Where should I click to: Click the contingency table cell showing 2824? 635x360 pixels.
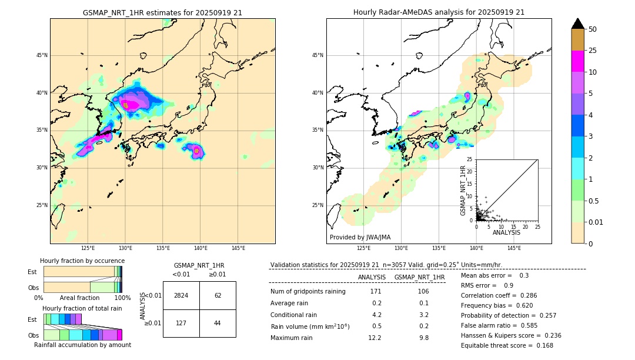click(181, 295)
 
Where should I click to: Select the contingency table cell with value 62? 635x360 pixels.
click(218, 295)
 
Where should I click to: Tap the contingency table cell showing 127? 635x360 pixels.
click(181, 323)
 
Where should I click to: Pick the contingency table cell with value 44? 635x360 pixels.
click(218, 323)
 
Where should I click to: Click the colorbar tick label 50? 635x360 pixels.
click(593, 29)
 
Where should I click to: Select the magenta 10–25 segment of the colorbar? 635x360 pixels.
click(577, 61)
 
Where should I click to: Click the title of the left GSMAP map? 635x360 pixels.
click(162, 12)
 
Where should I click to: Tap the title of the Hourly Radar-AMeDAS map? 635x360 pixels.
click(439, 12)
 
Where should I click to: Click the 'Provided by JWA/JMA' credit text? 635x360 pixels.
click(360, 237)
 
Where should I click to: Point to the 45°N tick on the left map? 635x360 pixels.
click(42, 55)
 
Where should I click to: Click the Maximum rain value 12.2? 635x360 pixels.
click(376, 338)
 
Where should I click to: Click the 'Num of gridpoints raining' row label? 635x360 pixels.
click(308, 291)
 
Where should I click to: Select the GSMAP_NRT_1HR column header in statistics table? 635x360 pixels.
click(419, 277)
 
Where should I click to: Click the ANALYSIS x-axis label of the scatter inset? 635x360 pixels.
click(506, 232)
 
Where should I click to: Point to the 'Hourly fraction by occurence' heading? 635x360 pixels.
click(82, 261)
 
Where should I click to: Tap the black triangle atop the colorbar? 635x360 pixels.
click(577, 24)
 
